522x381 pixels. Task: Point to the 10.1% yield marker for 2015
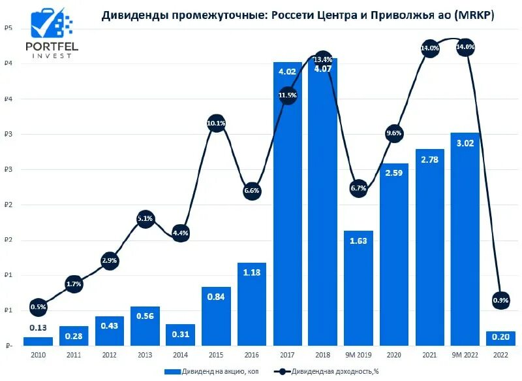(216, 123)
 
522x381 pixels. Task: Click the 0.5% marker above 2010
(38, 307)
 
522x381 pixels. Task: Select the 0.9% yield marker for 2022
(500, 300)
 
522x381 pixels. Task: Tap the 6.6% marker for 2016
(252, 191)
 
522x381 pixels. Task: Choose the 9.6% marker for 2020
(394, 133)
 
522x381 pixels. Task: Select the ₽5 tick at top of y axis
(7, 28)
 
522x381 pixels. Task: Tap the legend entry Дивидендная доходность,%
(326, 371)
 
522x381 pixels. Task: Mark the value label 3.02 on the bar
(465, 143)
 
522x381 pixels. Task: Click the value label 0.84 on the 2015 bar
(216, 297)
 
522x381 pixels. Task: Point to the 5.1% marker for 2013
(145, 219)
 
